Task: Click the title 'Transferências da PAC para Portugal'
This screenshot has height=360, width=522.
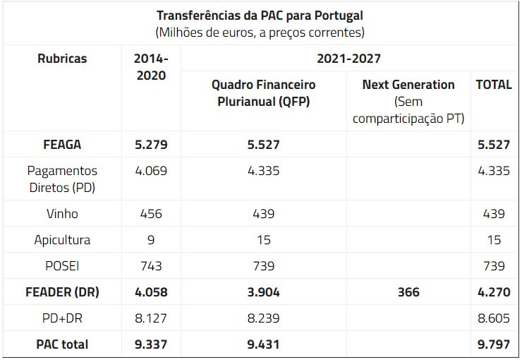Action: pyautogui.click(x=260, y=15)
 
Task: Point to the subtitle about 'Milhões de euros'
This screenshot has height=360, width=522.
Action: pyautogui.click(x=260, y=32)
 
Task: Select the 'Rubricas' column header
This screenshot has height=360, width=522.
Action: pyautogui.click(x=62, y=59)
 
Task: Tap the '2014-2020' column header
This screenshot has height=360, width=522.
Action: pyautogui.click(x=151, y=66)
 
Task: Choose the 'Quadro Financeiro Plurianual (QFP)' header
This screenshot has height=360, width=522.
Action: pyautogui.click(x=264, y=92)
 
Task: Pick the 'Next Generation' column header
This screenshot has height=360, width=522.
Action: pyautogui.click(x=408, y=85)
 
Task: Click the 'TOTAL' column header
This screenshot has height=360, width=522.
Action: pyautogui.click(x=494, y=85)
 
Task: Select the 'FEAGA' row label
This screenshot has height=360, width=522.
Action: pyautogui.click(x=62, y=145)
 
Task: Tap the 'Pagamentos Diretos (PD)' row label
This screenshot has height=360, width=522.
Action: pyautogui.click(x=62, y=179)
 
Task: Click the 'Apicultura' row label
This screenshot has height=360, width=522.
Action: pyautogui.click(x=62, y=239)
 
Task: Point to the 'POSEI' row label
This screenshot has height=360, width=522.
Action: pyautogui.click(x=62, y=265)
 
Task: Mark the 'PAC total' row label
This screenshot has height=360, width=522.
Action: pyautogui.click(x=62, y=344)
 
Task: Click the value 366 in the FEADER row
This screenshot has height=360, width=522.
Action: pyautogui.click(x=408, y=292)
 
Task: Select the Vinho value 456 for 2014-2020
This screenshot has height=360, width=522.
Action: pyautogui.click(x=151, y=214)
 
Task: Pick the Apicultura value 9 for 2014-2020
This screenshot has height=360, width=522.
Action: pyautogui.click(x=151, y=239)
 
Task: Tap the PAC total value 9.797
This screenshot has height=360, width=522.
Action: pyautogui.click(x=494, y=344)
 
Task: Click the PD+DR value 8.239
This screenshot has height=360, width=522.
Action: pyautogui.click(x=264, y=318)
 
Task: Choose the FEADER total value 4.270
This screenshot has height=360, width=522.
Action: pyautogui.click(x=494, y=292)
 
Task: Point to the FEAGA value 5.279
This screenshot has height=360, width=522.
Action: pyautogui.click(x=151, y=145)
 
